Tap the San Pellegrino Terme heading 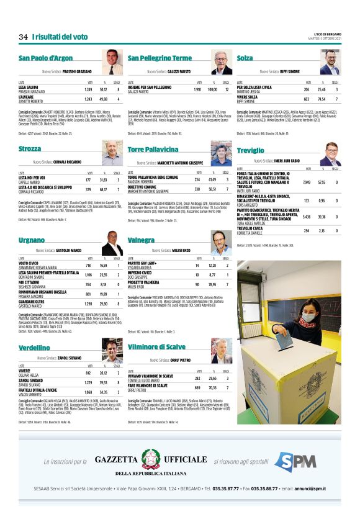tap(160, 58)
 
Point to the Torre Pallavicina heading tap(152, 150)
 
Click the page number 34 tap(23, 37)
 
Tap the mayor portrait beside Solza tap(330, 62)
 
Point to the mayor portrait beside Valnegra tap(222, 243)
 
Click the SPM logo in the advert tap(295, 461)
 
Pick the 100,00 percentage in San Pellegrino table tap(214, 89)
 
